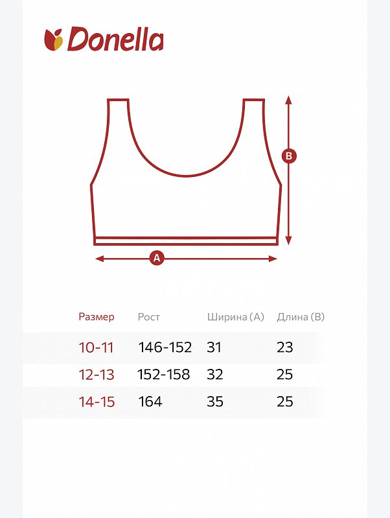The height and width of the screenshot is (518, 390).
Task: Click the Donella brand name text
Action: [x=115, y=39]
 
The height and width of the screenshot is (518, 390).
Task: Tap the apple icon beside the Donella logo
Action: [x=54, y=40]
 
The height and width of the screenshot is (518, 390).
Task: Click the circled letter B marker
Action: [x=289, y=156]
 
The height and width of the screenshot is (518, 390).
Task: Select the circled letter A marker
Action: [x=157, y=258]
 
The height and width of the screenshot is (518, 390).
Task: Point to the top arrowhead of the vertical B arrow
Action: [x=289, y=100]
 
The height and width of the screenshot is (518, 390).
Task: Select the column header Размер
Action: [x=97, y=317]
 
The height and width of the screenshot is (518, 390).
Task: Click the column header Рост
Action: [x=148, y=317]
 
